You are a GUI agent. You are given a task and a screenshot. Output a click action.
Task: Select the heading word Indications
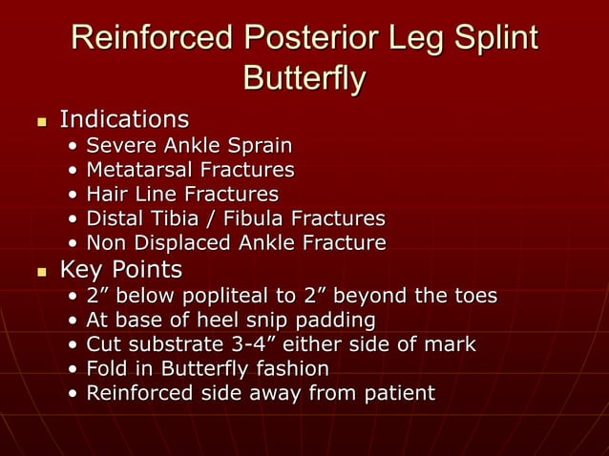[x=124, y=120]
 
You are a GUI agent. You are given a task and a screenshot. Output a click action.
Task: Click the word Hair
[x=107, y=195]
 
